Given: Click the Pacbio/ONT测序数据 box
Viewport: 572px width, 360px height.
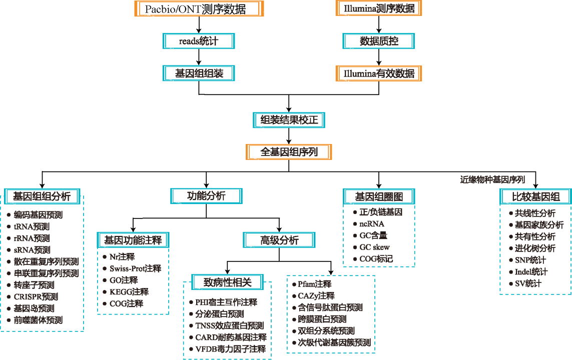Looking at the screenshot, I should (199, 8).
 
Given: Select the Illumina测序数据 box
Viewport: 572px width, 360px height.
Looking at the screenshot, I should (378, 8).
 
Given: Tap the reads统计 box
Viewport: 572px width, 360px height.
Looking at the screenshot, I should (199, 41).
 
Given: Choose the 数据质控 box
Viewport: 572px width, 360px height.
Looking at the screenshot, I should (379, 41).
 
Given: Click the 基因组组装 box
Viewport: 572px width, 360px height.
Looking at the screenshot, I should (199, 73).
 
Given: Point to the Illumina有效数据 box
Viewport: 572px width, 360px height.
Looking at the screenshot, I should (379, 73).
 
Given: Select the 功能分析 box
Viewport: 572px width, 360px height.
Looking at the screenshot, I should (206, 195).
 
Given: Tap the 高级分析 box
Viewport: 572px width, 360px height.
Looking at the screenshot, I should (279, 240).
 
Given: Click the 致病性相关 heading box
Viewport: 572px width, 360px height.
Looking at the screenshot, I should (228, 282).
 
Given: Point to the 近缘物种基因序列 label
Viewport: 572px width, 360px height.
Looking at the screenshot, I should (492, 179).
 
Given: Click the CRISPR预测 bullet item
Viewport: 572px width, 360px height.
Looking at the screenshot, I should (36, 296).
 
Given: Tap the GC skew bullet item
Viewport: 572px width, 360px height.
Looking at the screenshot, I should (374, 247).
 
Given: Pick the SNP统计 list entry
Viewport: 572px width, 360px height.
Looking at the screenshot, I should (530, 260).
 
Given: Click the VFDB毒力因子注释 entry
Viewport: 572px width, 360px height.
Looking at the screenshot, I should (230, 349).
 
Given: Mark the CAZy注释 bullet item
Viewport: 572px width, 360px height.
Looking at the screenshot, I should (316, 295).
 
